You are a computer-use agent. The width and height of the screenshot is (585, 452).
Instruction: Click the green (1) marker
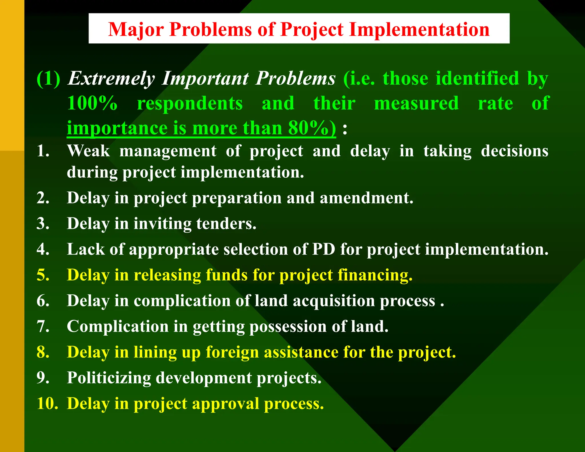tap(49, 79)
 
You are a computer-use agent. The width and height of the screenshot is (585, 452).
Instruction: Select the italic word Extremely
tap(111, 79)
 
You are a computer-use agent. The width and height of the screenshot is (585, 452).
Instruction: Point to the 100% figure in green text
tap(92, 103)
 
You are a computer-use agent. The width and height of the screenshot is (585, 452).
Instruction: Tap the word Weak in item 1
tap(88, 151)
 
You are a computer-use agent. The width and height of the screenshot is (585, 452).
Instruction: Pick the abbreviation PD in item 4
tap(323, 249)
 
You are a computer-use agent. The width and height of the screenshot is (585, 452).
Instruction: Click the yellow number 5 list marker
tap(43, 275)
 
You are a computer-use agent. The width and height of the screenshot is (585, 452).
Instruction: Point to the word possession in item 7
tap(288, 326)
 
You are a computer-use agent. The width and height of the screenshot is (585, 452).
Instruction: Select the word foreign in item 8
tap(232, 352)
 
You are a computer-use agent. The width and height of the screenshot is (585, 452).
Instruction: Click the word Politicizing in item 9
tap(109, 378)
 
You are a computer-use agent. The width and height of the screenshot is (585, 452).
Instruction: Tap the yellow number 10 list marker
tap(47, 403)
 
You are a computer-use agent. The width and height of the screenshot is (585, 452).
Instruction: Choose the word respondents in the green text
tap(190, 103)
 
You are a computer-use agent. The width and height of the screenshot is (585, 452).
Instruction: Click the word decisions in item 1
tap(514, 151)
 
